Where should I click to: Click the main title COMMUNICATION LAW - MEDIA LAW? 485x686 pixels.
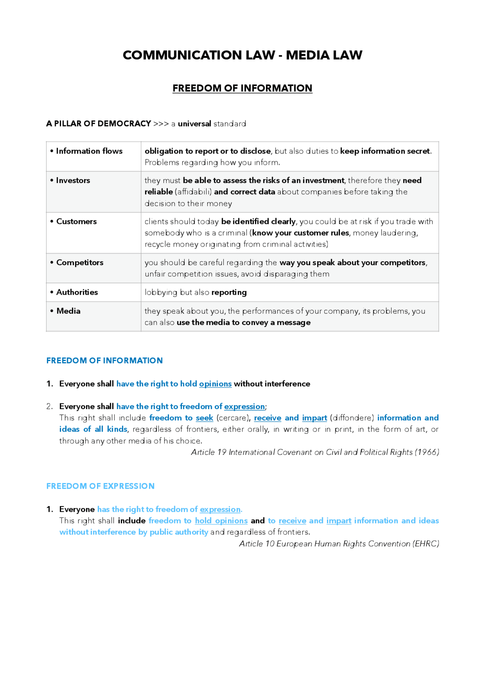(242, 55)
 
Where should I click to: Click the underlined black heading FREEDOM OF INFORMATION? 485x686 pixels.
(242, 88)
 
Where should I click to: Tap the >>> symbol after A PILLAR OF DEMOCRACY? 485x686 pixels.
(161, 124)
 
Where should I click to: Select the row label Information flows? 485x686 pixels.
(89, 151)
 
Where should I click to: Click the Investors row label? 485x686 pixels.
(73, 181)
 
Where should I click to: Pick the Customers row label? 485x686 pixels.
(76, 222)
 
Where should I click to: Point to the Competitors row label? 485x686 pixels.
(80, 263)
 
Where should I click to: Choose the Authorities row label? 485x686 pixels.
(77, 292)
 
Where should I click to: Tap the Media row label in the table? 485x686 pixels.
(68, 311)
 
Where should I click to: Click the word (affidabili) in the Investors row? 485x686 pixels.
(193, 192)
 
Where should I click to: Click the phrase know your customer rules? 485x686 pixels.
(300, 233)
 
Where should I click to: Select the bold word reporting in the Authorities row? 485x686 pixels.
(229, 292)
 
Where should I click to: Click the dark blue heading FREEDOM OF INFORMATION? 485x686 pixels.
(105, 361)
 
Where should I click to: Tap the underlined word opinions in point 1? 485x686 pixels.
(215, 384)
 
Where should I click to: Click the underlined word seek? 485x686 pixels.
(204, 418)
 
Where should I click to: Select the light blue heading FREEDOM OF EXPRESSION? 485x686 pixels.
(100, 486)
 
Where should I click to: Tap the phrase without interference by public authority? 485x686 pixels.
(134, 532)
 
